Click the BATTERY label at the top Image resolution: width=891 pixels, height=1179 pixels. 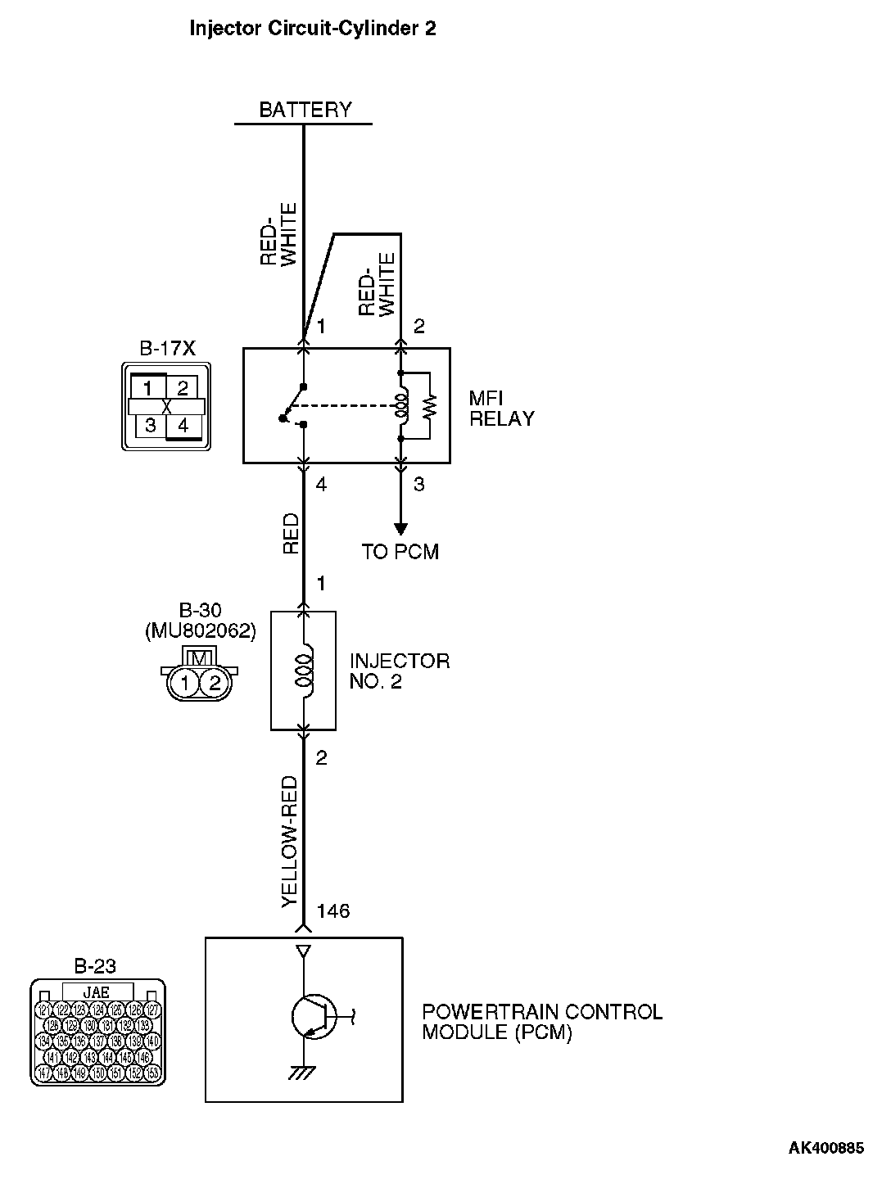[305, 110]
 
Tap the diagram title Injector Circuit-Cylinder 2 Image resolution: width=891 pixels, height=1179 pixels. [312, 29]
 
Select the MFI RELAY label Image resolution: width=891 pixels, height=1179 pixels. [501, 409]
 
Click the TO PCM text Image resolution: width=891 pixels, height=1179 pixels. [400, 552]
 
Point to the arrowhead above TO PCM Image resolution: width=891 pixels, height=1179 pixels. [400, 528]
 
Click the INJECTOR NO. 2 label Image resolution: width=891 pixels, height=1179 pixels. [400, 671]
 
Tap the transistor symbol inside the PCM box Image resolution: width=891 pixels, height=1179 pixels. [312, 1017]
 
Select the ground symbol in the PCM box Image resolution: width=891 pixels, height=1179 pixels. [304, 1073]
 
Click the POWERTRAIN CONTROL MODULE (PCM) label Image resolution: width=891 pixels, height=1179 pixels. [541, 1022]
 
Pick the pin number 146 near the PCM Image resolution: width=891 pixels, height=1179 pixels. [333, 911]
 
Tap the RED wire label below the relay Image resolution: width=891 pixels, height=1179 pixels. [291, 535]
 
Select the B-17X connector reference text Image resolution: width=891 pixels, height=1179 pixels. [167, 349]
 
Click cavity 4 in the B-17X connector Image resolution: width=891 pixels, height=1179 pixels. [183, 426]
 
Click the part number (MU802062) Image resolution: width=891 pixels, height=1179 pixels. [200, 631]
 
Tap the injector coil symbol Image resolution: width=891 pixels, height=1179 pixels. [304, 669]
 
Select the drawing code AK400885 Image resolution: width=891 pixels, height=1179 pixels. [825, 1148]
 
